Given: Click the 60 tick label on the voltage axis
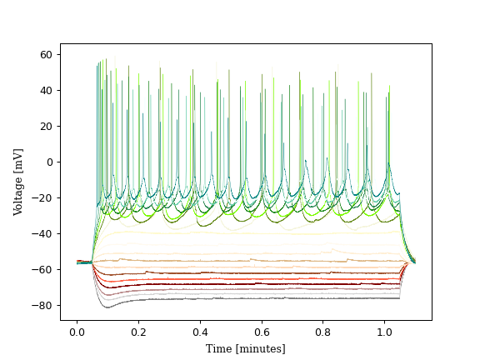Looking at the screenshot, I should pyautogui.click(x=46, y=55).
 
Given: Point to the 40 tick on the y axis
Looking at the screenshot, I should pyautogui.click(x=46, y=91).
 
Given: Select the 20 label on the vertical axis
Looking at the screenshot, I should pyautogui.click(x=46, y=127).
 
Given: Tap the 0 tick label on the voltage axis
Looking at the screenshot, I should pyautogui.click(x=49, y=162).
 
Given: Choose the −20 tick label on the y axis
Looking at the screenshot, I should pyautogui.click(x=42, y=198).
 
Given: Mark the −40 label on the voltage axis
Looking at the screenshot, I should pyautogui.click(x=42, y=234).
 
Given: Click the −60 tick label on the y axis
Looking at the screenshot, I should pyautogui.click(x=42, y=270).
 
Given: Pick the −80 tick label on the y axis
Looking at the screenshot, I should pyautogui.click(x=42, y=306).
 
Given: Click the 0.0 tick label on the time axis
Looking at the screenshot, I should pyautogui.click(x=77, y=332).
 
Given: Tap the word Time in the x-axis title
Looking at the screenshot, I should pyautogui.click(x=219, y=348).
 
